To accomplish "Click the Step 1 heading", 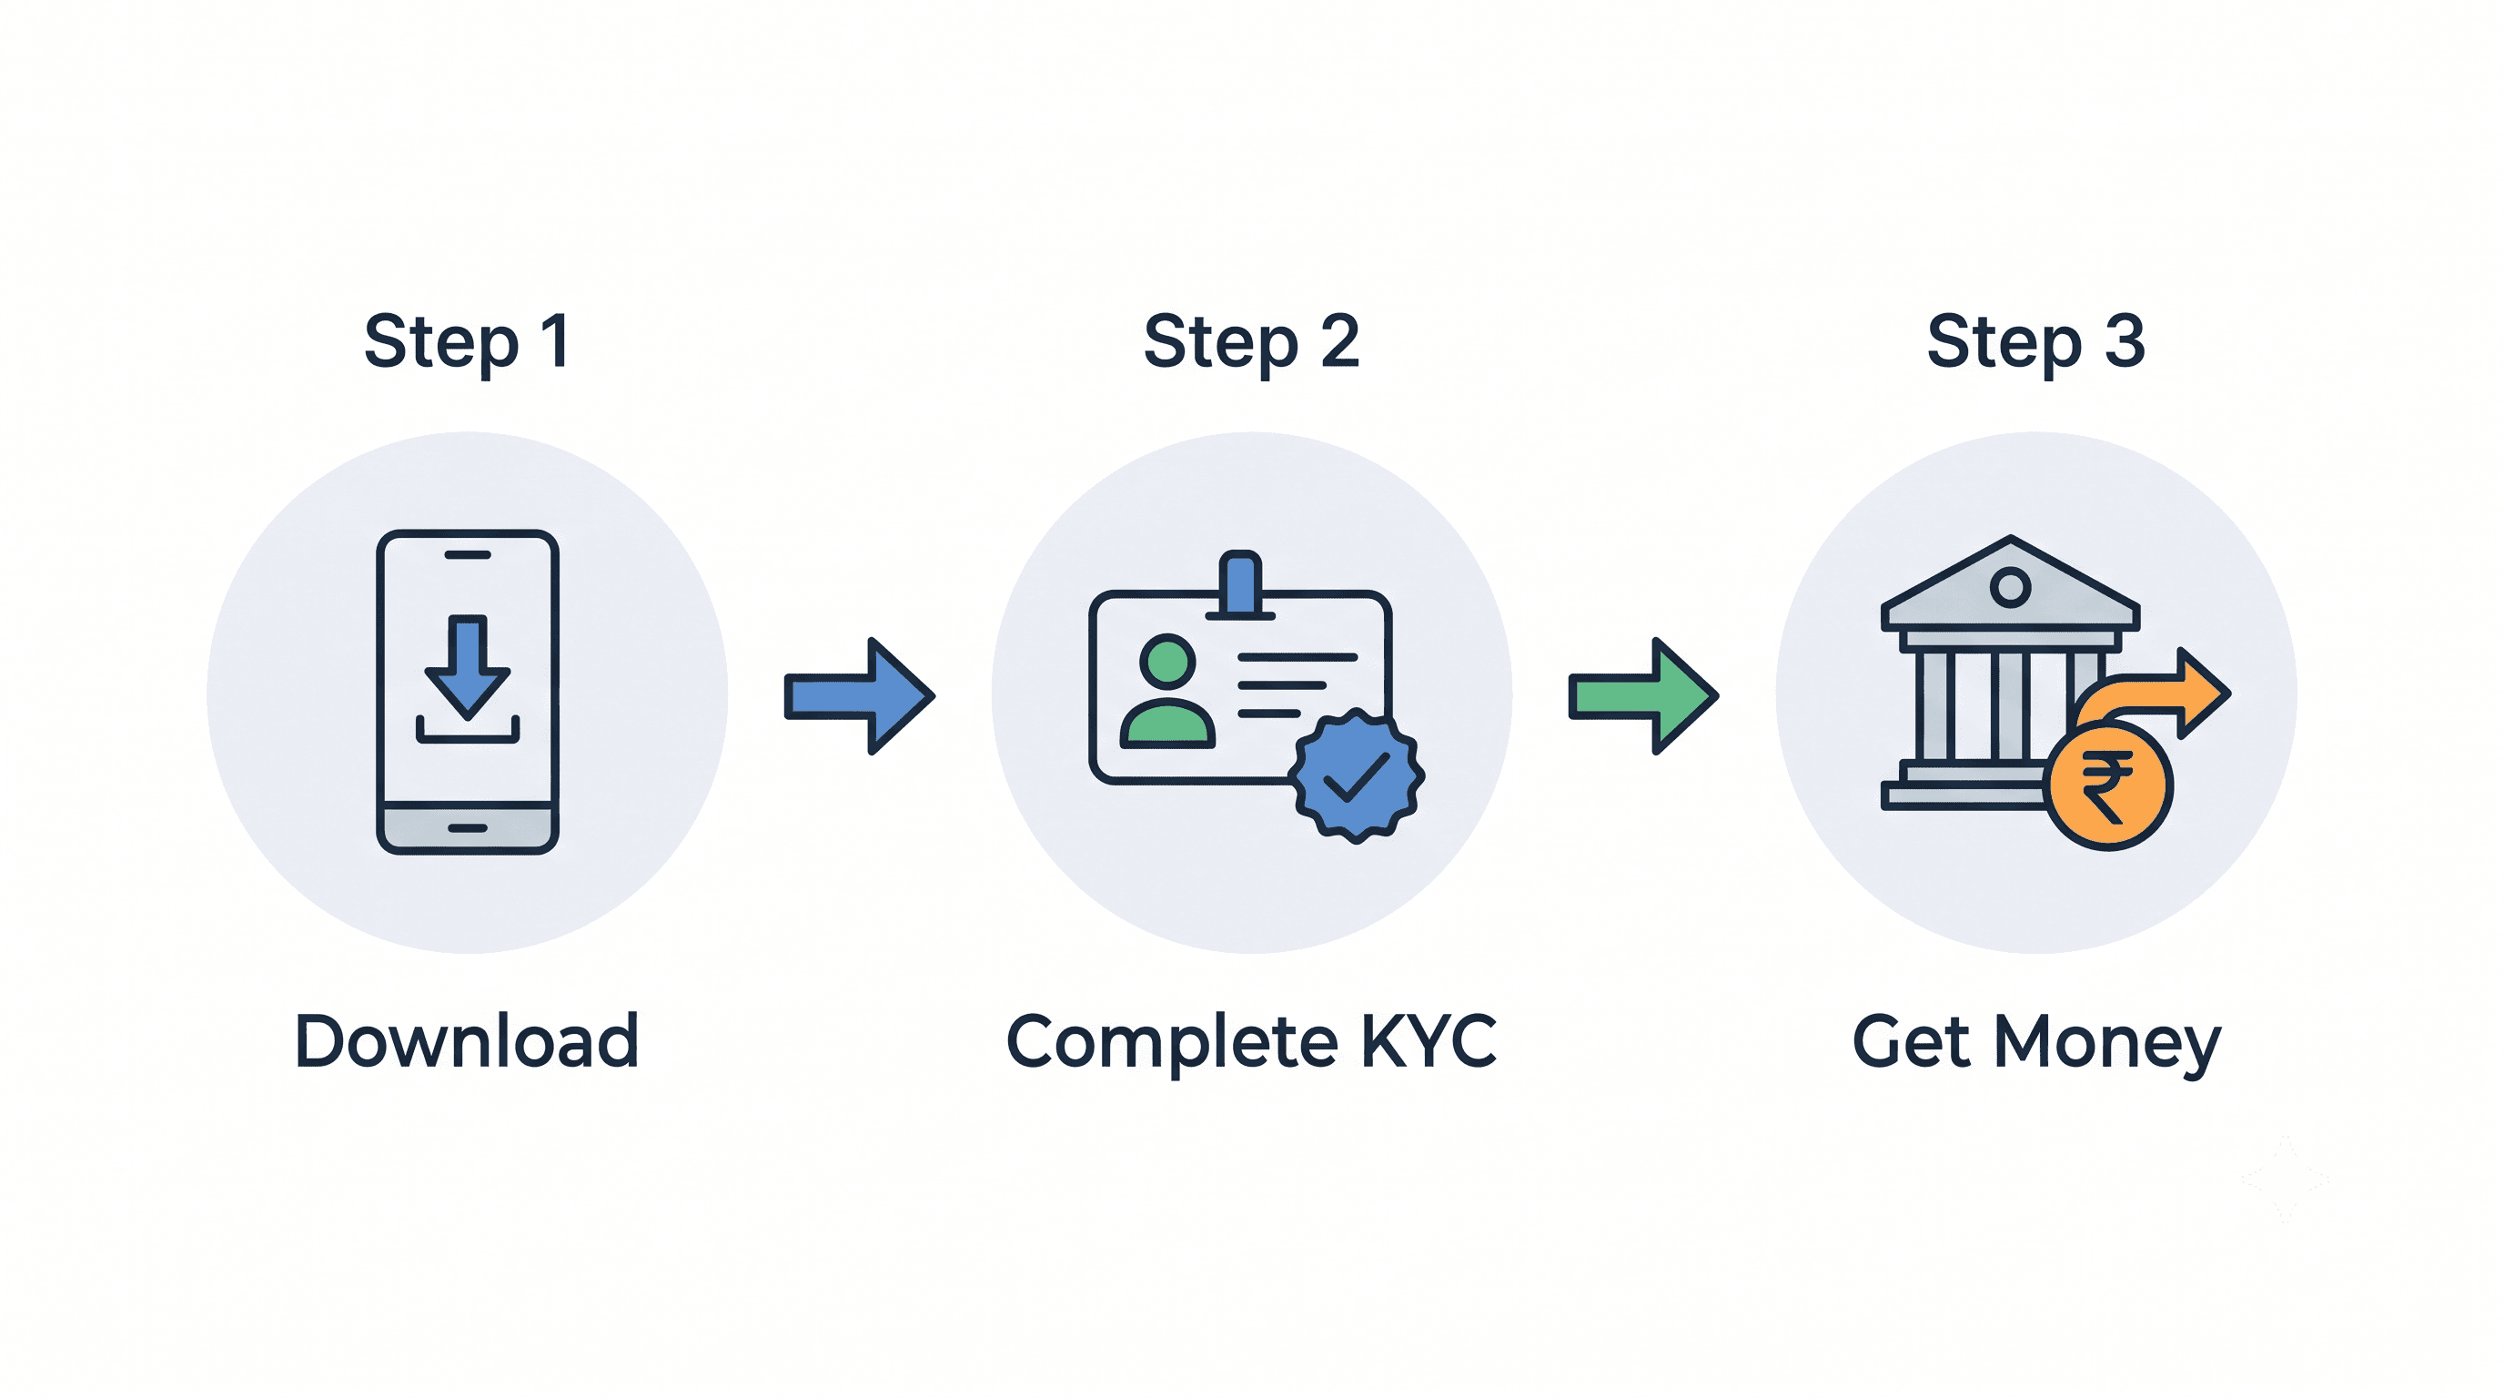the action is [467, 342].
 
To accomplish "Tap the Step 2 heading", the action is [1251, 342].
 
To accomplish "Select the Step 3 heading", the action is [2035, 342].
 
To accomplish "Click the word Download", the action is [467, 1041].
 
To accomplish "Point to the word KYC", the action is [1428, 1041].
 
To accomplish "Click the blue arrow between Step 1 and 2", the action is [859, 696].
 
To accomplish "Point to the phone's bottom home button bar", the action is [468, 828].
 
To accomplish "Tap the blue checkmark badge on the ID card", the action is [1357, 775].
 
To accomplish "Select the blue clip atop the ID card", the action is [1240, 584].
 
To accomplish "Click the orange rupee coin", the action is [2108, 786].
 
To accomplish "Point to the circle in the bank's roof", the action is [2010, 586].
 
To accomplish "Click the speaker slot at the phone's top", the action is [468, 555].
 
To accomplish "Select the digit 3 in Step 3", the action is [2125, 342].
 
